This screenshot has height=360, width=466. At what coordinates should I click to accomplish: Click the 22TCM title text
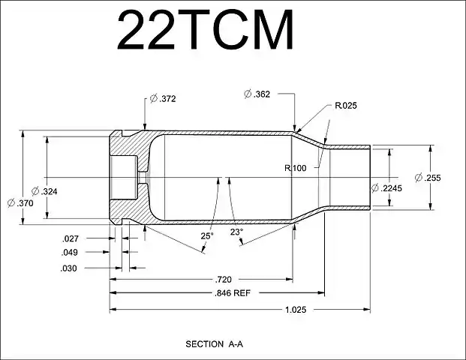coord(205,30)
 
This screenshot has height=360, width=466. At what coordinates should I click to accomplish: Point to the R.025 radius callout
coord(347,106)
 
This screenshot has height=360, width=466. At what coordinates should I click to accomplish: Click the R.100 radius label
coord(295,168)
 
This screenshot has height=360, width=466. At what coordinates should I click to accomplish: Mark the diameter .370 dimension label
coord(20,202)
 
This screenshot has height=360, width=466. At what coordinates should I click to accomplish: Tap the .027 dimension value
coord(71,238)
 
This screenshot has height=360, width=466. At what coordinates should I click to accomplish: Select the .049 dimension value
coord(71,253)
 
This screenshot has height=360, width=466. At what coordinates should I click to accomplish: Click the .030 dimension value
coord(71,268)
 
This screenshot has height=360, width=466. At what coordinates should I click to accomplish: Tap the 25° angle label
coord(206,235)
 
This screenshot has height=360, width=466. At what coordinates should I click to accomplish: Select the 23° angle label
coord(236,232)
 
